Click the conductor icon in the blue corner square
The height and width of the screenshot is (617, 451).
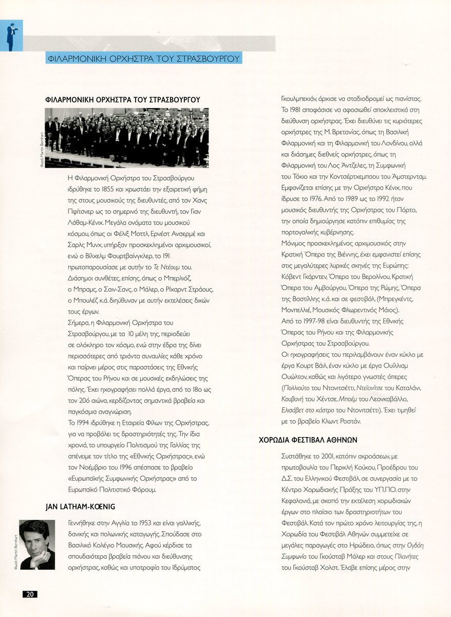click(11, 35)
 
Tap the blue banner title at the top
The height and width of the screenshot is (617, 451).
click(143, 58)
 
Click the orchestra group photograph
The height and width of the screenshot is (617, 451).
click(127, 138)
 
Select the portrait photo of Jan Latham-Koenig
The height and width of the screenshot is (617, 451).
click(37, 545)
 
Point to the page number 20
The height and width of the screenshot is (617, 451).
click(30, 594)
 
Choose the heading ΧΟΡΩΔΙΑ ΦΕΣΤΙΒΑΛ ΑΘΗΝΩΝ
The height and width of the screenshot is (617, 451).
click(308, 440)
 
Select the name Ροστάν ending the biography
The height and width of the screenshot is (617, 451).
click(352, 421)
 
